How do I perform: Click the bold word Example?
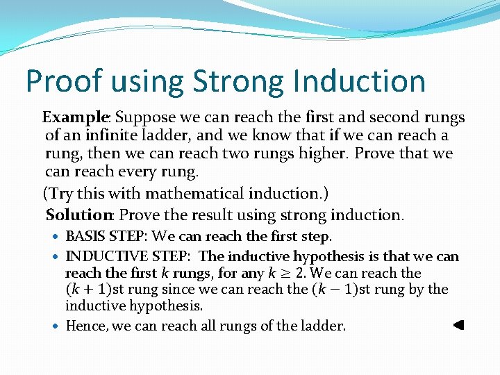[76, 117]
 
